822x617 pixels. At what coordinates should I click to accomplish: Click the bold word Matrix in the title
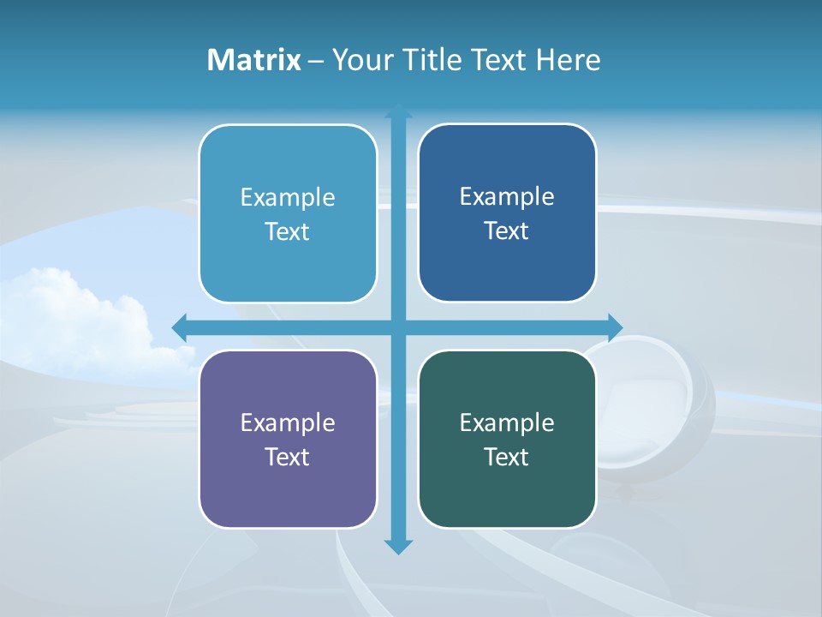254,60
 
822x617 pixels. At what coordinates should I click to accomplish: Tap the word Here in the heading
568,60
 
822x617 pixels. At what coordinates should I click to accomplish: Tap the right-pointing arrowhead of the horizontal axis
615,326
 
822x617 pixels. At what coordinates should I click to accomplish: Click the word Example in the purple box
288,422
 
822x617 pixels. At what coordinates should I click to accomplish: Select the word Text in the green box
507,457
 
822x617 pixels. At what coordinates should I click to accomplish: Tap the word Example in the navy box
507,196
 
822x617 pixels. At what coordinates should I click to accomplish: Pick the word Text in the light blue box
288,231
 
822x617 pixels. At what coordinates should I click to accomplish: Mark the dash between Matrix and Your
316,61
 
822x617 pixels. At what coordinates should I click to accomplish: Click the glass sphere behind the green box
659,403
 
